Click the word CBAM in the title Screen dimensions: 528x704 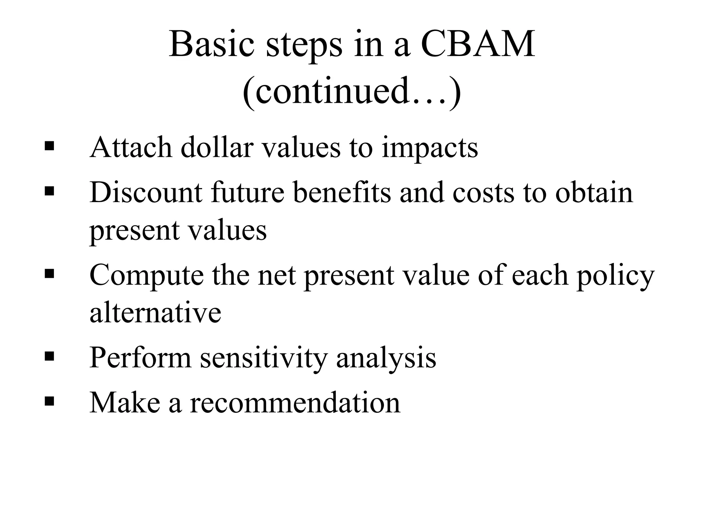tap(478, 45)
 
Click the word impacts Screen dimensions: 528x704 tap(430, 148)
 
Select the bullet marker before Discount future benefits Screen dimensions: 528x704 tap(49, 191)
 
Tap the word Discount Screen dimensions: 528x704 tap(146, 192)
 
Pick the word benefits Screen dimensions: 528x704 tap(342, 192)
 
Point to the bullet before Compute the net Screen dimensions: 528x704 tap(49, 274)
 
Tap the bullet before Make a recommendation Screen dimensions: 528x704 tap(49, 400)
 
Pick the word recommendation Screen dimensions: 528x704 tap(295, 403)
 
